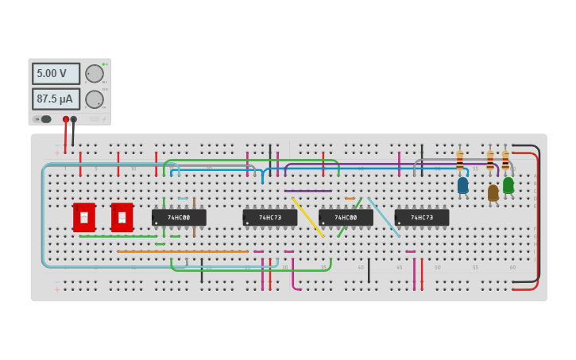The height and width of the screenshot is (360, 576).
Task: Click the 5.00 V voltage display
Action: (x=56, y=73)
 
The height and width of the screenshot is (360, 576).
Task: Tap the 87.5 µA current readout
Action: (x=56, y=99)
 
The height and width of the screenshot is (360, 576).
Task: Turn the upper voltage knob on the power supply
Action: (x=95, y=74)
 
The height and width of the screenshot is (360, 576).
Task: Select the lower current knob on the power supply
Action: (x=95, y=99)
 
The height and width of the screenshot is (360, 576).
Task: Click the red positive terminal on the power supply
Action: (x=66, y=119)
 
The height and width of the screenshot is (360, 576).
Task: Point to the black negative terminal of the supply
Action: (x=74, y=119)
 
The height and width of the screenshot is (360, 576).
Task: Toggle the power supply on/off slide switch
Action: (x=44, y=119)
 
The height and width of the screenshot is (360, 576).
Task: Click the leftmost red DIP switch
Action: (x=84, y=217)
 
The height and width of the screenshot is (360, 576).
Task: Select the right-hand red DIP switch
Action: (x=122, y=217)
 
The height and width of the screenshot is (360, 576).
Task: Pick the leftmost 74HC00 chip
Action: (x=179, y=218)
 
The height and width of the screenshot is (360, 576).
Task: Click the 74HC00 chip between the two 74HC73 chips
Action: (x=346, y=218)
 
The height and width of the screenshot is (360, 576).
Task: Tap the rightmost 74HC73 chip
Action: (x=422, y=218)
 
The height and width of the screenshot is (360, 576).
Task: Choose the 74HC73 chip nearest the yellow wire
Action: (x=270, y=218)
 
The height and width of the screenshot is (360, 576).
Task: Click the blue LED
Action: (x=462, y=185)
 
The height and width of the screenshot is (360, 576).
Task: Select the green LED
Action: (x=508, y=184)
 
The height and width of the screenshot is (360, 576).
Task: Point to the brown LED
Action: (x=493, y=192)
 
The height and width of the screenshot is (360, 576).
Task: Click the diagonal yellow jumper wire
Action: (x=307, y=216)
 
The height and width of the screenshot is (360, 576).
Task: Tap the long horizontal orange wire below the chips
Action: (x=183, y=251)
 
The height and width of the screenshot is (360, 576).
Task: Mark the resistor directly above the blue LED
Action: (x=459, y=160)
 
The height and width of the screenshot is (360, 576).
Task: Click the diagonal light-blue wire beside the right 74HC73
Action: (x=383, y=216)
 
